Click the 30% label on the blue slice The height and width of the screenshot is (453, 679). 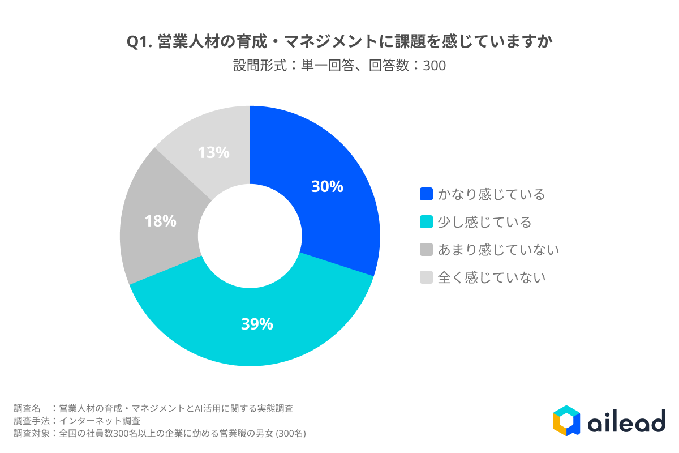click(x=327, y=187)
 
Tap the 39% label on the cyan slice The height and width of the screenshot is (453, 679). click(x=257, y=324)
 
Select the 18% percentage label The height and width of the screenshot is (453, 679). click(x=160, y=221)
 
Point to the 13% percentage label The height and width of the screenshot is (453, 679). click(x=213, y=152)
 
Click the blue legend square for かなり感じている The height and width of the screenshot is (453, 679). click(x=426, y=194)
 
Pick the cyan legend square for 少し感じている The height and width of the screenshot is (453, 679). click(x=426, y=222)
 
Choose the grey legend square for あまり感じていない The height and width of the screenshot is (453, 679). click(x=426, y=249)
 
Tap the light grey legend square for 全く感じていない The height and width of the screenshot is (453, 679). click(x=426, y=277)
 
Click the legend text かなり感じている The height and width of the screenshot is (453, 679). click(x=491, y=194)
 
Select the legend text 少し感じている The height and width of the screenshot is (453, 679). click(x=484, y=222)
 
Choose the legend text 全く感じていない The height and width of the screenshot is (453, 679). click(x=491, y=277)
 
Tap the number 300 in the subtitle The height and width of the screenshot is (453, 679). click(x=435, y=66)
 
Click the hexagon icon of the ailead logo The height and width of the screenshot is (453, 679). click(x=566, y=420)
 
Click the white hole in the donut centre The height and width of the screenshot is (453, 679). click(x=250, y=236)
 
